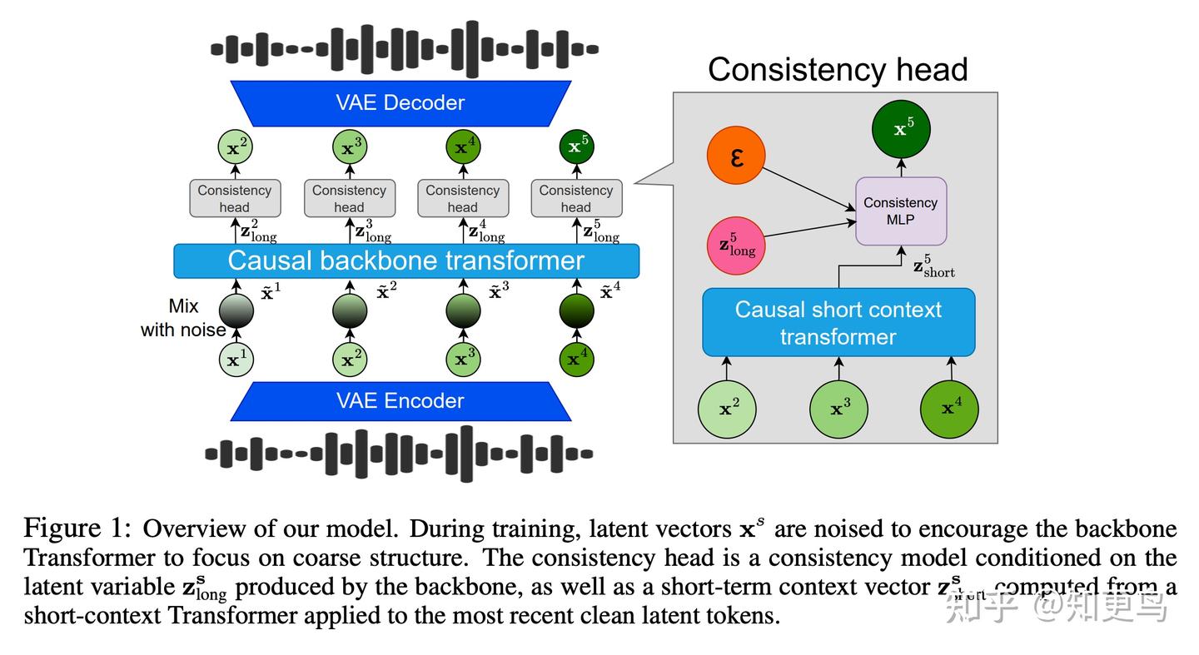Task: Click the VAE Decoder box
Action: [x=400, y=103]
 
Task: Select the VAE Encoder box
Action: [x=400, y=400]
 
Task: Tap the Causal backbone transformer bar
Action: [x=406, y=261]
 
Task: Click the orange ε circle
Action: [x=736, y=156]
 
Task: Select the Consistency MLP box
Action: [x=900, y=211]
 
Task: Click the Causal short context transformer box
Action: [x=838, y=323]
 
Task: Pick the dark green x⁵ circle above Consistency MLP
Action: [x=901, y=130]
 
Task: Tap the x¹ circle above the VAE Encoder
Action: [x=236, y=360]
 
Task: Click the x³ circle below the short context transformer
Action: [x=838, y=409]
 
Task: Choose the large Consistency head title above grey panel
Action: [x=838, y=69]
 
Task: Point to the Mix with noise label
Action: [x=183, y=318]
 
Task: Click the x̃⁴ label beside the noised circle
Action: [x=611, y=292]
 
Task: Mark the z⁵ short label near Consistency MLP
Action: [x=933, y=266]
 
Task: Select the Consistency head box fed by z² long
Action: [x=235, y=199]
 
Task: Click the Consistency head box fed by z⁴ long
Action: [x=462, y=199]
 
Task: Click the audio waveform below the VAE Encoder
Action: [x=400, y=454]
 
